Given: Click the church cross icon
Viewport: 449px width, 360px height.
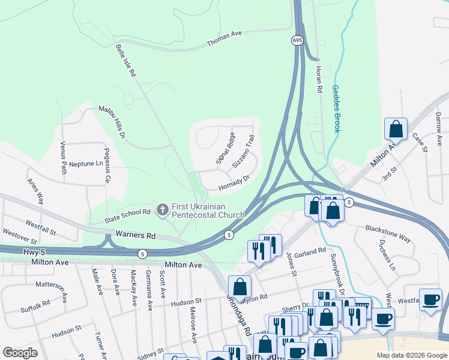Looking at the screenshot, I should [x=161, y=209].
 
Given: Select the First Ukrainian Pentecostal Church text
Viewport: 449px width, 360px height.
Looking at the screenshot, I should [x=208, y=211].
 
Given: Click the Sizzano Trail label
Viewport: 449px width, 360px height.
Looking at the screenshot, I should [x=247, y=151].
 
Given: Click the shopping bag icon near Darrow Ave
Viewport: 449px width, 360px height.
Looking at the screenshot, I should [x=396, y=128].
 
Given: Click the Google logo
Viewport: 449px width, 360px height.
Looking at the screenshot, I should [x=20, y=353].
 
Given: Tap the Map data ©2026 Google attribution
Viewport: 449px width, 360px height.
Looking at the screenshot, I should [x=411, y=355].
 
